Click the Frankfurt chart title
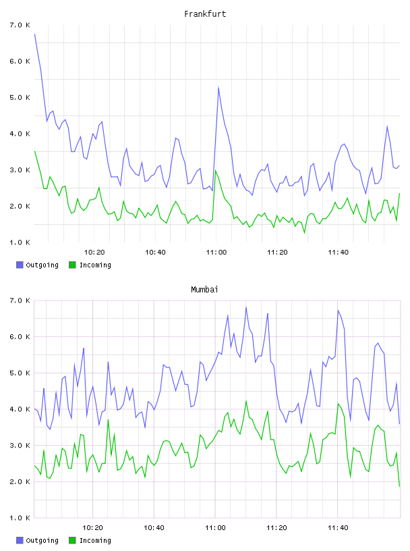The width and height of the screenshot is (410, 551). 205,14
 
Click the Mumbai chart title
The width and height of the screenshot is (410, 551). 204,290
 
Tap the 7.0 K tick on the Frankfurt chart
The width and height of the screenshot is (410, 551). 20,25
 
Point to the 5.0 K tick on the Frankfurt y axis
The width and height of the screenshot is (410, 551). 20,97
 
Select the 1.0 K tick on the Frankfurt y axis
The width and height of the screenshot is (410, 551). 20,242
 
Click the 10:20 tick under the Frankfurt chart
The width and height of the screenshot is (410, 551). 94,252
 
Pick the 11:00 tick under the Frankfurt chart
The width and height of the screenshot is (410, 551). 216,252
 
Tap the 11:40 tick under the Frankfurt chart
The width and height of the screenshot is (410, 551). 339,252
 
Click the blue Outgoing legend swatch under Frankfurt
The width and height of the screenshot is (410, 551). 20,265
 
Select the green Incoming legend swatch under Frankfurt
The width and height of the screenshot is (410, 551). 72,265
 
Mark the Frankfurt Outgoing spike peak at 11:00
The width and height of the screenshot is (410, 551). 218,86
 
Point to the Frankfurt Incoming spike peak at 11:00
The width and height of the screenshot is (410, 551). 216,170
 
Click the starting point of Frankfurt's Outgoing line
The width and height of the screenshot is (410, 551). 34,34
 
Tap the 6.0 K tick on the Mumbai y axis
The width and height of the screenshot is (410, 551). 20,337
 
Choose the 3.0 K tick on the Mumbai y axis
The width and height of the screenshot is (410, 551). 20,445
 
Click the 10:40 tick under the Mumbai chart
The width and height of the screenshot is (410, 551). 154,527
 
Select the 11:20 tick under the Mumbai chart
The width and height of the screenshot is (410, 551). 276,527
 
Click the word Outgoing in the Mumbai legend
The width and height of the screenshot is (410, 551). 42,540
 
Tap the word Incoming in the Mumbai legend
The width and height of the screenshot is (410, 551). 95,540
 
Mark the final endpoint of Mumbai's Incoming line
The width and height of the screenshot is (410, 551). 399,486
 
